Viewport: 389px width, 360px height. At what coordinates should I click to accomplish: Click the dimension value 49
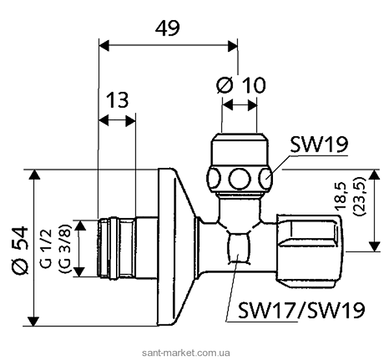pos(167,28)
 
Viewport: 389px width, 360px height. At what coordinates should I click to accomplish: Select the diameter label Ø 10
pos(241,85)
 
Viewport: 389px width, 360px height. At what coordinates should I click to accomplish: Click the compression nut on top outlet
pos(240,165)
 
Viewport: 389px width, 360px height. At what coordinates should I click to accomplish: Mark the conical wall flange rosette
pos(178,246)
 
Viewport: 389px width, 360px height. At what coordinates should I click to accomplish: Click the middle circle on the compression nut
pos(241,177)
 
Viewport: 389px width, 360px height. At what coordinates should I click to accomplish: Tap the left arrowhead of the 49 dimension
pos(102,45)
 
